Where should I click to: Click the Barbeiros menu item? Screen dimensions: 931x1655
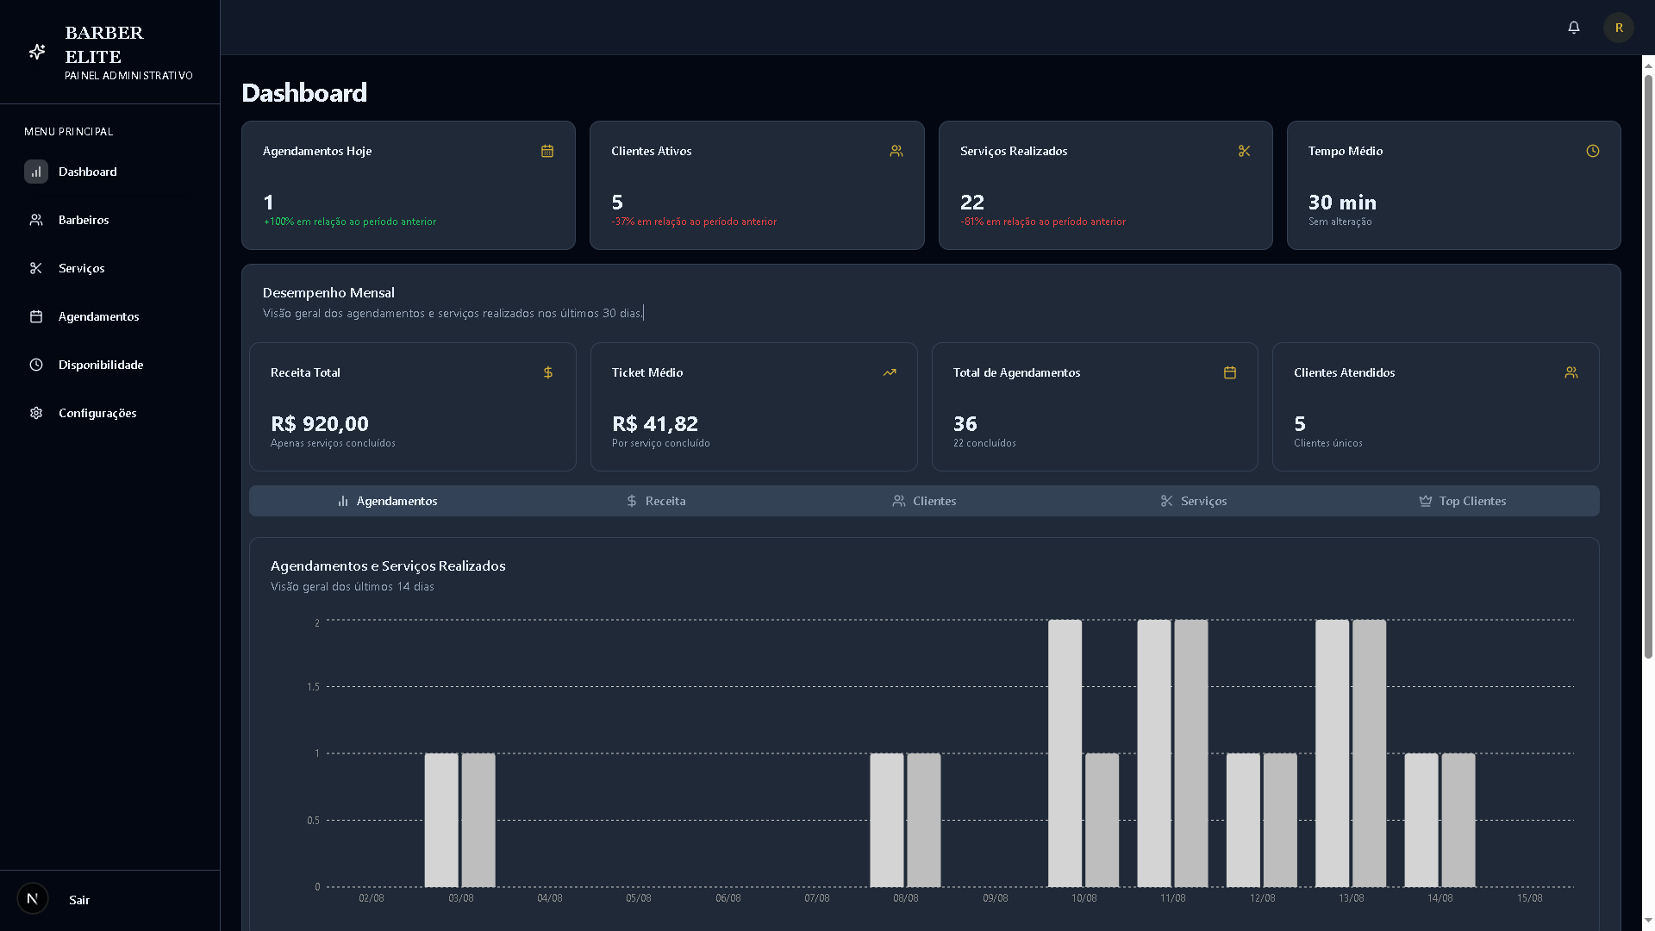click(83, 220)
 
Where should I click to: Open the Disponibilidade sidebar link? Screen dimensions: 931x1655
click(100, 365)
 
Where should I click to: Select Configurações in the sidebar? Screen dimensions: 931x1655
click(97, 413)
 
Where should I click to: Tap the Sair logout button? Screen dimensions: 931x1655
click(78, 900)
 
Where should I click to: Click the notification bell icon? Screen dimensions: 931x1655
click(1573, 28)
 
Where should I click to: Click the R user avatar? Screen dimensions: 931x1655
click(1618, 28)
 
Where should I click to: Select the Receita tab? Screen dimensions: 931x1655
click(656, 501)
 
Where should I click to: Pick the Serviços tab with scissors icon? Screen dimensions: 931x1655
click(1193, 501)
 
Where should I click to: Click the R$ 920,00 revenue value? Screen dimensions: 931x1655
click(320, 424)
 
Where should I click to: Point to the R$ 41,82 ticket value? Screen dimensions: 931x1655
click(655, 424)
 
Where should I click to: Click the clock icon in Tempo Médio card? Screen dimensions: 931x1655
click(1592, 151)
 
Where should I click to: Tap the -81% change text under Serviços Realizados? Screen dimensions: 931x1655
click(1042, 222)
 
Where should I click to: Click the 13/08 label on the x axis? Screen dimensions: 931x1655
click(1351, 898)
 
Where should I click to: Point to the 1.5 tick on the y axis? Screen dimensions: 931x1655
click(313, 687)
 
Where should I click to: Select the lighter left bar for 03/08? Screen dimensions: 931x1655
click(441, 820)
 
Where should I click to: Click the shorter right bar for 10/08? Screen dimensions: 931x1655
click(1102, 820)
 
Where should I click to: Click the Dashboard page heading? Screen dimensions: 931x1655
click(304, 93)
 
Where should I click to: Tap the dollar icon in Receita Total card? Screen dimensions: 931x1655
click(547, 372)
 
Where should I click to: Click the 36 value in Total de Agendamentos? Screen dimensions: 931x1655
click(965, 424)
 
